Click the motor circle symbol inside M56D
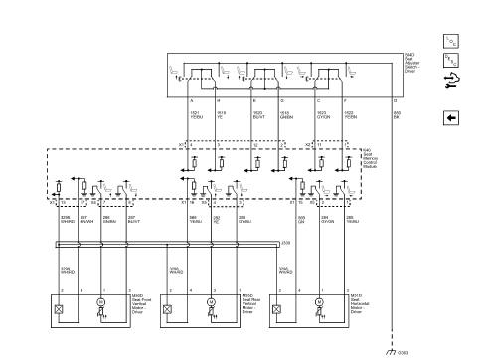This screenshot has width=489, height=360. pos(99,300)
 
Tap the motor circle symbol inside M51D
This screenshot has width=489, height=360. pos(319,300)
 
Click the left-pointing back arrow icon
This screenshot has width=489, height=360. pos(451,116)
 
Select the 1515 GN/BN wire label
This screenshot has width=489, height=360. pos(284,116)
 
